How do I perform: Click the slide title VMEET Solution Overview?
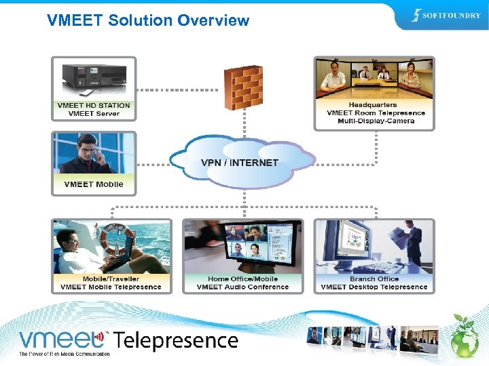point(148,20)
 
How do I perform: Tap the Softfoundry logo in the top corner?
point(446,16)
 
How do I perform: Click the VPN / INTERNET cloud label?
point(240,163)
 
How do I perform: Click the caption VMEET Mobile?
point(94,184)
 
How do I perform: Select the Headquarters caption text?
point(373,105)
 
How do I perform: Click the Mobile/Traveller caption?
point(111,279)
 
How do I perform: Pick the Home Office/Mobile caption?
point(242,279)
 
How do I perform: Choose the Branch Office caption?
point(374,279)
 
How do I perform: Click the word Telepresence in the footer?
point(176,341)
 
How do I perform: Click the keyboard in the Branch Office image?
point(367,266)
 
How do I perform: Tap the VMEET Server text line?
point(94,114)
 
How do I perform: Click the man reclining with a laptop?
point(81,251)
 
